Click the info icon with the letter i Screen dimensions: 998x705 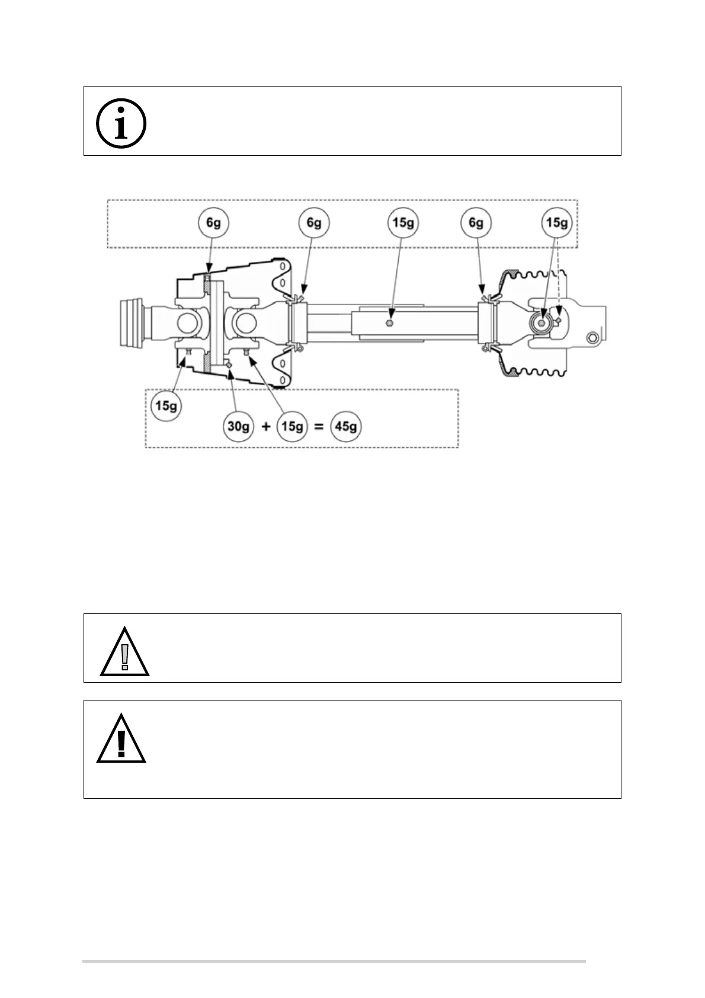pos(121,124)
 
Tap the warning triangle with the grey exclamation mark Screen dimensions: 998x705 pos(124,652)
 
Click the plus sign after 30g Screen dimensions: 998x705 pos(265,427)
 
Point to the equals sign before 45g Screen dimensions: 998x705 pos(319,427)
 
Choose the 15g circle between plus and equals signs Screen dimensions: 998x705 pos(292,426)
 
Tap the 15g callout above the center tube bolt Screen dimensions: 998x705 pos(403,223)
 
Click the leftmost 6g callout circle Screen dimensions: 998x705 pos(213,223)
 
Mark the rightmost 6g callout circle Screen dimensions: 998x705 pos(476,223)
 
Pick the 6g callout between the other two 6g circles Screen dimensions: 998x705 pos(314,223)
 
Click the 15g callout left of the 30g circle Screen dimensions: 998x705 pos(166,406)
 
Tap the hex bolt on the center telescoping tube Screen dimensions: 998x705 pos(388,323)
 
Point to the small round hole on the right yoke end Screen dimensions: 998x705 pos(591,338)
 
